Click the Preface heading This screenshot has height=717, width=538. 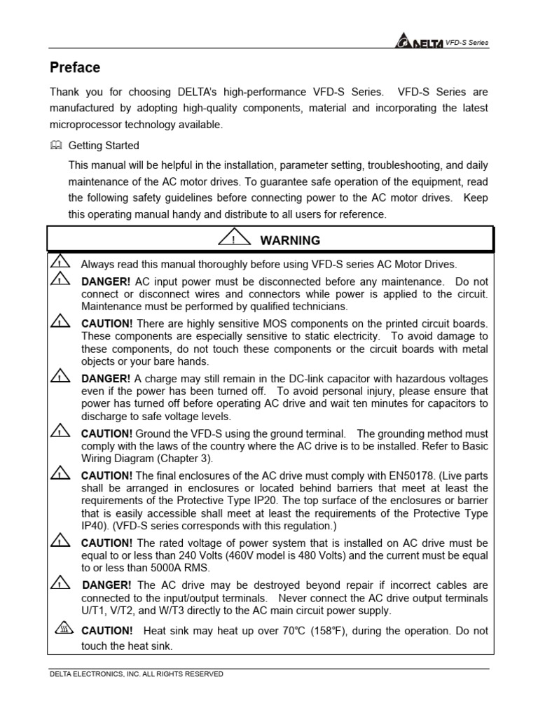75,68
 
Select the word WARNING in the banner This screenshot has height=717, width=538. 290,240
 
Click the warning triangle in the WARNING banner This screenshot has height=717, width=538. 234,239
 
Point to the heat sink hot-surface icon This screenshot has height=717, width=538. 62,629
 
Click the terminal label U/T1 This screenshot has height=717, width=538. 93,610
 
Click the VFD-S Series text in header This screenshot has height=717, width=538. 467,43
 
